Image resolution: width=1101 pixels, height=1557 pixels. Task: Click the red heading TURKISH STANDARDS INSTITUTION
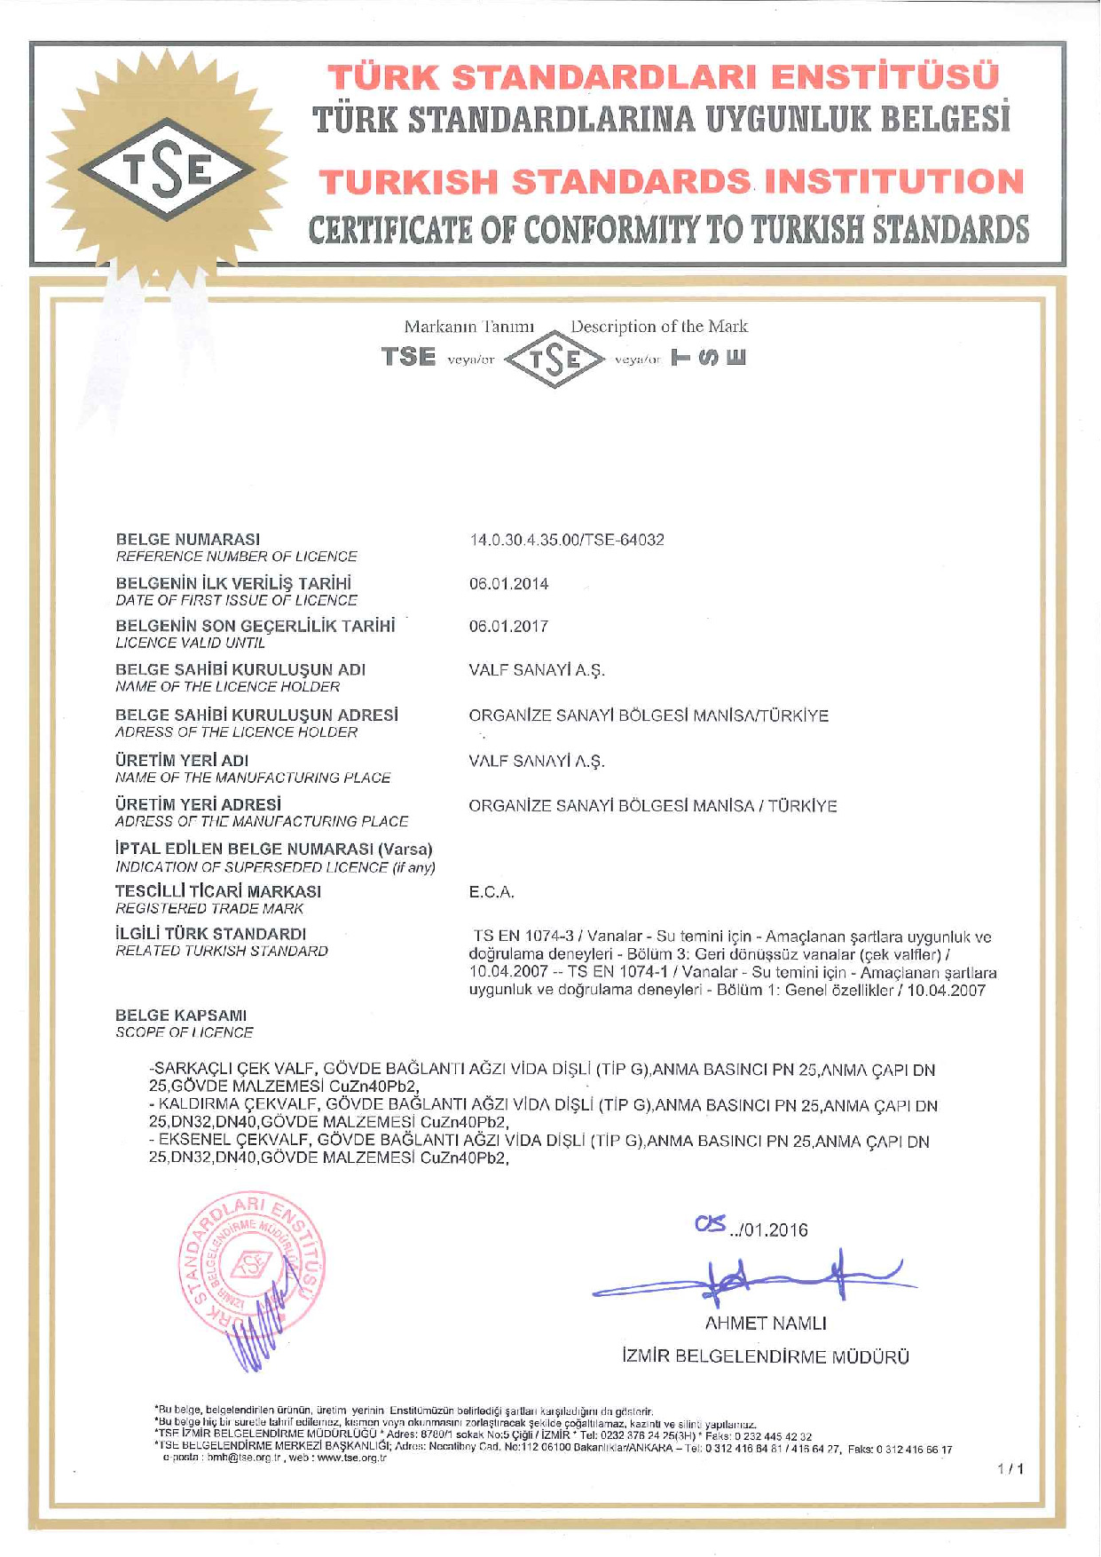pos(672,182)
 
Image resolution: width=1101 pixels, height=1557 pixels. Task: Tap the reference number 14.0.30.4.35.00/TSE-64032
pos(566,540)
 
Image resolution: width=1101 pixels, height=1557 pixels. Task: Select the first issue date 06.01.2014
pos(508,584)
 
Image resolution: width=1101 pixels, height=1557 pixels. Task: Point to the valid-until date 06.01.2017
pos(508,627)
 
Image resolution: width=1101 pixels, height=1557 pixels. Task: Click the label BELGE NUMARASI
pos(188,540)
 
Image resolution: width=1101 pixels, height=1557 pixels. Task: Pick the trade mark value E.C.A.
pos(492,892)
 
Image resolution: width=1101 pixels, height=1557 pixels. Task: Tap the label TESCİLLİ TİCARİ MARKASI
pos(218,891)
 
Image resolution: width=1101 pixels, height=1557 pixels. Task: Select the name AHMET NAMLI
pos(765,1324)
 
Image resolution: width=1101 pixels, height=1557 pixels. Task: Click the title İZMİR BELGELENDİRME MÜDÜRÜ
pos(765,1356)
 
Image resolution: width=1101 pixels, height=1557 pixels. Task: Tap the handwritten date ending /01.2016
pos(752,1229)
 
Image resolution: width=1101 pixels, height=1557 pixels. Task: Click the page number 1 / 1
pos(1011,1469)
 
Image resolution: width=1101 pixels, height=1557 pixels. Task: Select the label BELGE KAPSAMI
pos(181,1016)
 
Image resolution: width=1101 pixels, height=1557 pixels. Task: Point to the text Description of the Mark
pos(659,327)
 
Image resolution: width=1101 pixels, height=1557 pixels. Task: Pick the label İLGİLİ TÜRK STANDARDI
pos(211,934)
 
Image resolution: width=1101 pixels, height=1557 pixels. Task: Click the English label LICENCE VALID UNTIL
pos(190,643)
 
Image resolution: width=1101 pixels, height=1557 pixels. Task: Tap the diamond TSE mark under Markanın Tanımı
pos(554,360)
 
